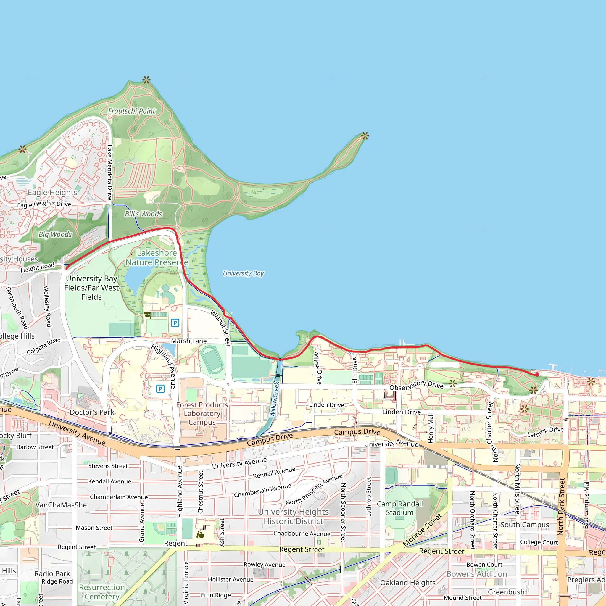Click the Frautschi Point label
click(132, 111)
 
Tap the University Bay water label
click(244, 273)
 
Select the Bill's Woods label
click(143, 214)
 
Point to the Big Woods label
click(55, 234)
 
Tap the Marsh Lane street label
click(189, 341)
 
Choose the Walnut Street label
click(220, 328)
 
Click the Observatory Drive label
click(416, 386)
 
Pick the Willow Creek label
click(275, 399)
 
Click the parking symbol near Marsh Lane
click(175, 323)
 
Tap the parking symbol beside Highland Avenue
click(160, 389)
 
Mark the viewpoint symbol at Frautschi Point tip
click(146, 80)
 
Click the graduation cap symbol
click(147, 314)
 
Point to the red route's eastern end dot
click(537, 375)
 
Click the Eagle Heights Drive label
click(44, 204)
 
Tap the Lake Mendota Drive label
click(109, 172)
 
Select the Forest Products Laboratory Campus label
click(202, 413)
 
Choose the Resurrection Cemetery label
click(102, 592)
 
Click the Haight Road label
click(38, 267)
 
